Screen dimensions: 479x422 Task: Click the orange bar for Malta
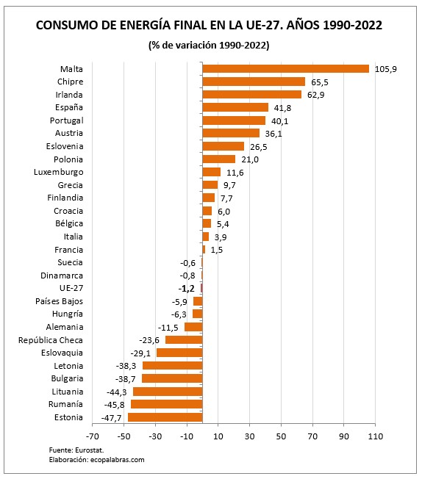coord(285,69)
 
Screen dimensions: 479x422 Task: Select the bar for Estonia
coord(165,417)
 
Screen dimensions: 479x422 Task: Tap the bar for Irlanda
coord(251,95)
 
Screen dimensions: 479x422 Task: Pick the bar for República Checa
coord(184,340)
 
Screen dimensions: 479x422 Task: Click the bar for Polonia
coord(218,159)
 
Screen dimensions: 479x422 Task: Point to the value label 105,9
coord(385,69)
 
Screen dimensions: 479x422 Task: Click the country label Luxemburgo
coord(59,172)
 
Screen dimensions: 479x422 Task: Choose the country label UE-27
coord(71,288)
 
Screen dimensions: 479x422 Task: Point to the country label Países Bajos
coord(59,301)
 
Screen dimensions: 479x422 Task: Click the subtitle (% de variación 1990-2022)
coord(209,46)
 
